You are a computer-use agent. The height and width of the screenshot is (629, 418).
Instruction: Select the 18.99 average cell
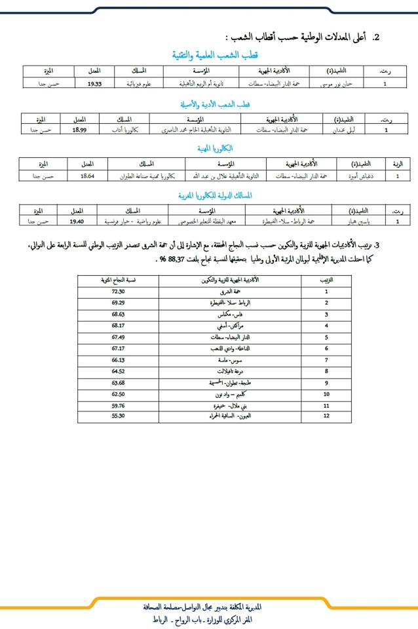tap(79, 130)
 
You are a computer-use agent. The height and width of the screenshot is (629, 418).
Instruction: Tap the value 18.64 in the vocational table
tap(87, 176)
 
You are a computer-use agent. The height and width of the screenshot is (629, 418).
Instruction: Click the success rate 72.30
tap(119, 291)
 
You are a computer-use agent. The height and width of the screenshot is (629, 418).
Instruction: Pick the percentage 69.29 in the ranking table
tap(119, 303)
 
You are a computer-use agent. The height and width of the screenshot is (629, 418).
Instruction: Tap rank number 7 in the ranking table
tap(326, 360)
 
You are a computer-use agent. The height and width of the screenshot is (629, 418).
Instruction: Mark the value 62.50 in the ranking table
tap(119, 394)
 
